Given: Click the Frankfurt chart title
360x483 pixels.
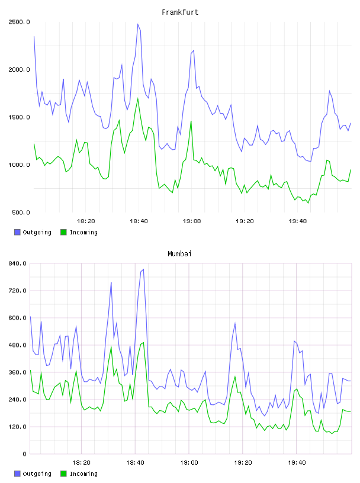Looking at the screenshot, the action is [180, 12].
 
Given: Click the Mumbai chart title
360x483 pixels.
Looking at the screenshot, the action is [179, 254].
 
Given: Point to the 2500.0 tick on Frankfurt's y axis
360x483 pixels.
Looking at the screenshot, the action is [19, 22].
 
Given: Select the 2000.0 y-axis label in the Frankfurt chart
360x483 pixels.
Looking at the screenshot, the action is [19, 70].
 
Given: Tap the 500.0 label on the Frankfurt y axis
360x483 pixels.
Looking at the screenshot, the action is [21, 212].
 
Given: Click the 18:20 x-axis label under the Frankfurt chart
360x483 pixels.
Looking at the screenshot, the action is [86, 221].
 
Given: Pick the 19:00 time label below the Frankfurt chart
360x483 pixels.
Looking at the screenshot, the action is [192, 221].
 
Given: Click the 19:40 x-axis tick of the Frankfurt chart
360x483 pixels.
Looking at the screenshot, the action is [298, 221].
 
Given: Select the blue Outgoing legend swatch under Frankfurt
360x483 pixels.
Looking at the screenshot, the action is [17, 232].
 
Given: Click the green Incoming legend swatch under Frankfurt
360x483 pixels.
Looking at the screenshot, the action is [63, 232].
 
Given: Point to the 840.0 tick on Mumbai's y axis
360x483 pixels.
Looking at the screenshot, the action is [18, 263].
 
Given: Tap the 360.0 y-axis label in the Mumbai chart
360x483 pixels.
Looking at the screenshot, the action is [18, 372].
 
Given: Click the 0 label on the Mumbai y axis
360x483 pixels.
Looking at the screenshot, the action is [25, 454].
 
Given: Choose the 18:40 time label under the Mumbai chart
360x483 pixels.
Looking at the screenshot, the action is [136, 463].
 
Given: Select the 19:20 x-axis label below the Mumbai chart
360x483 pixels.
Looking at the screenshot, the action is [243, 463].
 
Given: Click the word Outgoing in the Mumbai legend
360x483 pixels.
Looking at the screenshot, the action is [37, 474].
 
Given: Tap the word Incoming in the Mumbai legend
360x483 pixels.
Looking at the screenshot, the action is [83, 474].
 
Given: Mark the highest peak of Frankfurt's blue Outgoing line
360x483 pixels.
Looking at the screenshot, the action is [138, 24].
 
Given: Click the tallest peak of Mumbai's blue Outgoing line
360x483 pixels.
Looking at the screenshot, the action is [143, 269].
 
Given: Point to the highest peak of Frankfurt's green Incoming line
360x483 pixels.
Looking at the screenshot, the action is [138, 99].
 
